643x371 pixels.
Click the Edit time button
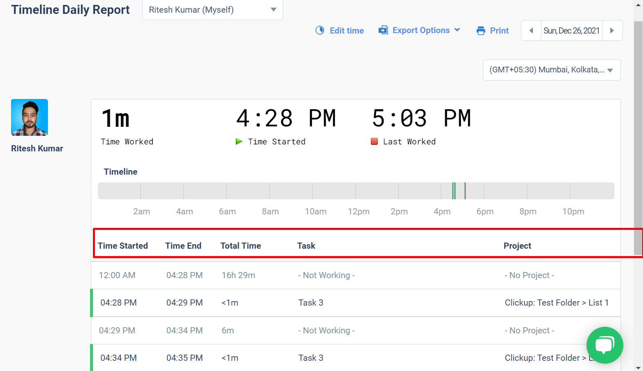[340, 31]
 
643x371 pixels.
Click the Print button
[493, 31]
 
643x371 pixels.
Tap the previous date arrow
[531, 31]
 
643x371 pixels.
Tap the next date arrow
[612, 31]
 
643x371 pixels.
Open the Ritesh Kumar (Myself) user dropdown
[212, 10]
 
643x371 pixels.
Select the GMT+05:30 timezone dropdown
[551, 70]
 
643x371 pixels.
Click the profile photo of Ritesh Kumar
[29, 117]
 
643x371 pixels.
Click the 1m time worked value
[115, 119]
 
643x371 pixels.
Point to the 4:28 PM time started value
[286, 119]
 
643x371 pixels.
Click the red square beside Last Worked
[374, 142]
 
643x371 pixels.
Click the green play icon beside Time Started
[239, 142]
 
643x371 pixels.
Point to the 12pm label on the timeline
[359, 211]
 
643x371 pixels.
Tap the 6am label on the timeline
[227, 211]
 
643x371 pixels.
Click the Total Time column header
[241, 246]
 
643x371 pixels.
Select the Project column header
[517, 246]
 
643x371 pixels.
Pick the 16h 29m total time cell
[238, 275]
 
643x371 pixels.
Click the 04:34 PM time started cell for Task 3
[119, 358]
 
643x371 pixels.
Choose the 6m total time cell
[228, 331]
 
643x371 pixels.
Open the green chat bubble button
[605, 345]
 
